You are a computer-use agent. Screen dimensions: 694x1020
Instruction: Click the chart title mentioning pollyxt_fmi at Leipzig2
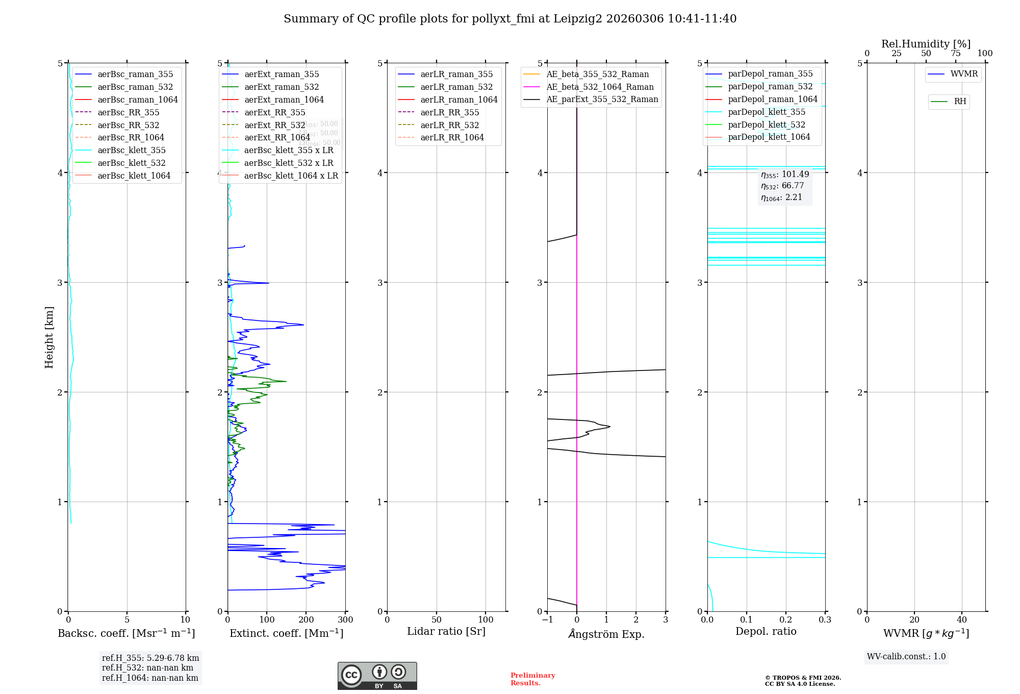tap(510, 19)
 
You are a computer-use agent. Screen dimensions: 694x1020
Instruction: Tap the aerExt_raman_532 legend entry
tap(282, 87)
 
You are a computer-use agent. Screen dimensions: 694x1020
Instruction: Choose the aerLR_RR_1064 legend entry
tap(452, 137)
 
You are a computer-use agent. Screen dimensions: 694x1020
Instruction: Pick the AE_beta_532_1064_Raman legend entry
tap(600, 87)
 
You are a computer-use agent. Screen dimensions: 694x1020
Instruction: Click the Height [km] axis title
tap(49, 337)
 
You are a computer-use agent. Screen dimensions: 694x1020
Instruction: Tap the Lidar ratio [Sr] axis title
tap(446, 631)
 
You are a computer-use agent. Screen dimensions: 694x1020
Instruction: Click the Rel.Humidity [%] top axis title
tap(926, 44)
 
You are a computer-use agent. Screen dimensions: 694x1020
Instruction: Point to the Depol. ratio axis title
tap(766, 631)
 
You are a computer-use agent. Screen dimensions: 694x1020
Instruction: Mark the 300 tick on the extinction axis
tap(345, 620)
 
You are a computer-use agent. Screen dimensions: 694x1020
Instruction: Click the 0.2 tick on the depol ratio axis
tap(786, 620)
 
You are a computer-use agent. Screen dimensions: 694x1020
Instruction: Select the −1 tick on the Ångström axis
tap(547, 620)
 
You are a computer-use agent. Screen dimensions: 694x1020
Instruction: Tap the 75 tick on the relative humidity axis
tap(955, 54)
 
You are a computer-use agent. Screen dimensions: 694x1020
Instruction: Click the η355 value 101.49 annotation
tap(785, 175)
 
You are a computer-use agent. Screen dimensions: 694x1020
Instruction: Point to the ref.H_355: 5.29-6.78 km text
tap(150, 658)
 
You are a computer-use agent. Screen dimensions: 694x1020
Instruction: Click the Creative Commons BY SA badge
tap(377, 676)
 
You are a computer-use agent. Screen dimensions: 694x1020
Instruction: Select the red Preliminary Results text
tap(532, 679)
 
